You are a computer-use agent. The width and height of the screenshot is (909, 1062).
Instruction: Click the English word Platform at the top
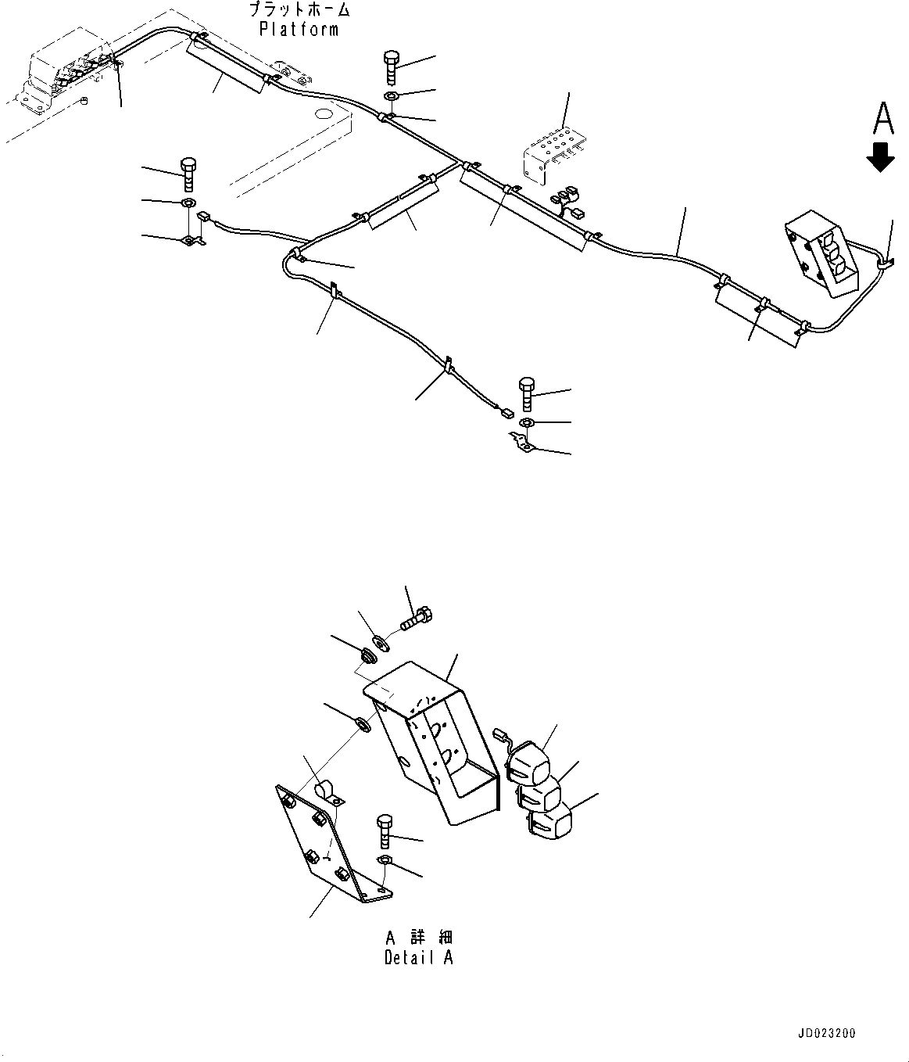299,30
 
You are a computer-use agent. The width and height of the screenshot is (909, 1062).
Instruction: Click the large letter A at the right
882,119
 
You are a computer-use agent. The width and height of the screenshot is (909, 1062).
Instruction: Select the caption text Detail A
418,957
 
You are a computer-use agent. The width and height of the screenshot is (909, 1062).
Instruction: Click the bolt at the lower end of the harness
526,393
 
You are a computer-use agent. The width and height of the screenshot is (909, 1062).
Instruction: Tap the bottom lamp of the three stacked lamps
549,826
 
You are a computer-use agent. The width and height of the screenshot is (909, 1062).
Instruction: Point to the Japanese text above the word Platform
299,10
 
